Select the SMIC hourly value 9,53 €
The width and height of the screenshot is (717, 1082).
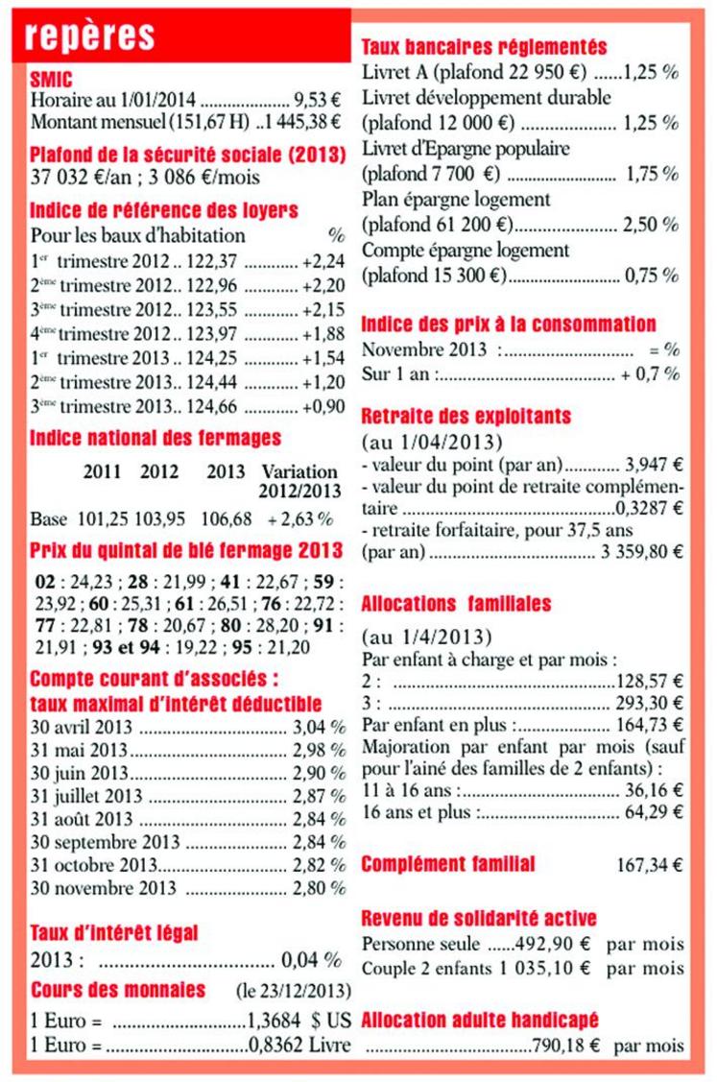(x=317, y=100)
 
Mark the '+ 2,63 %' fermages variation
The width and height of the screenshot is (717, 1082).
(x=300, y=519)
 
